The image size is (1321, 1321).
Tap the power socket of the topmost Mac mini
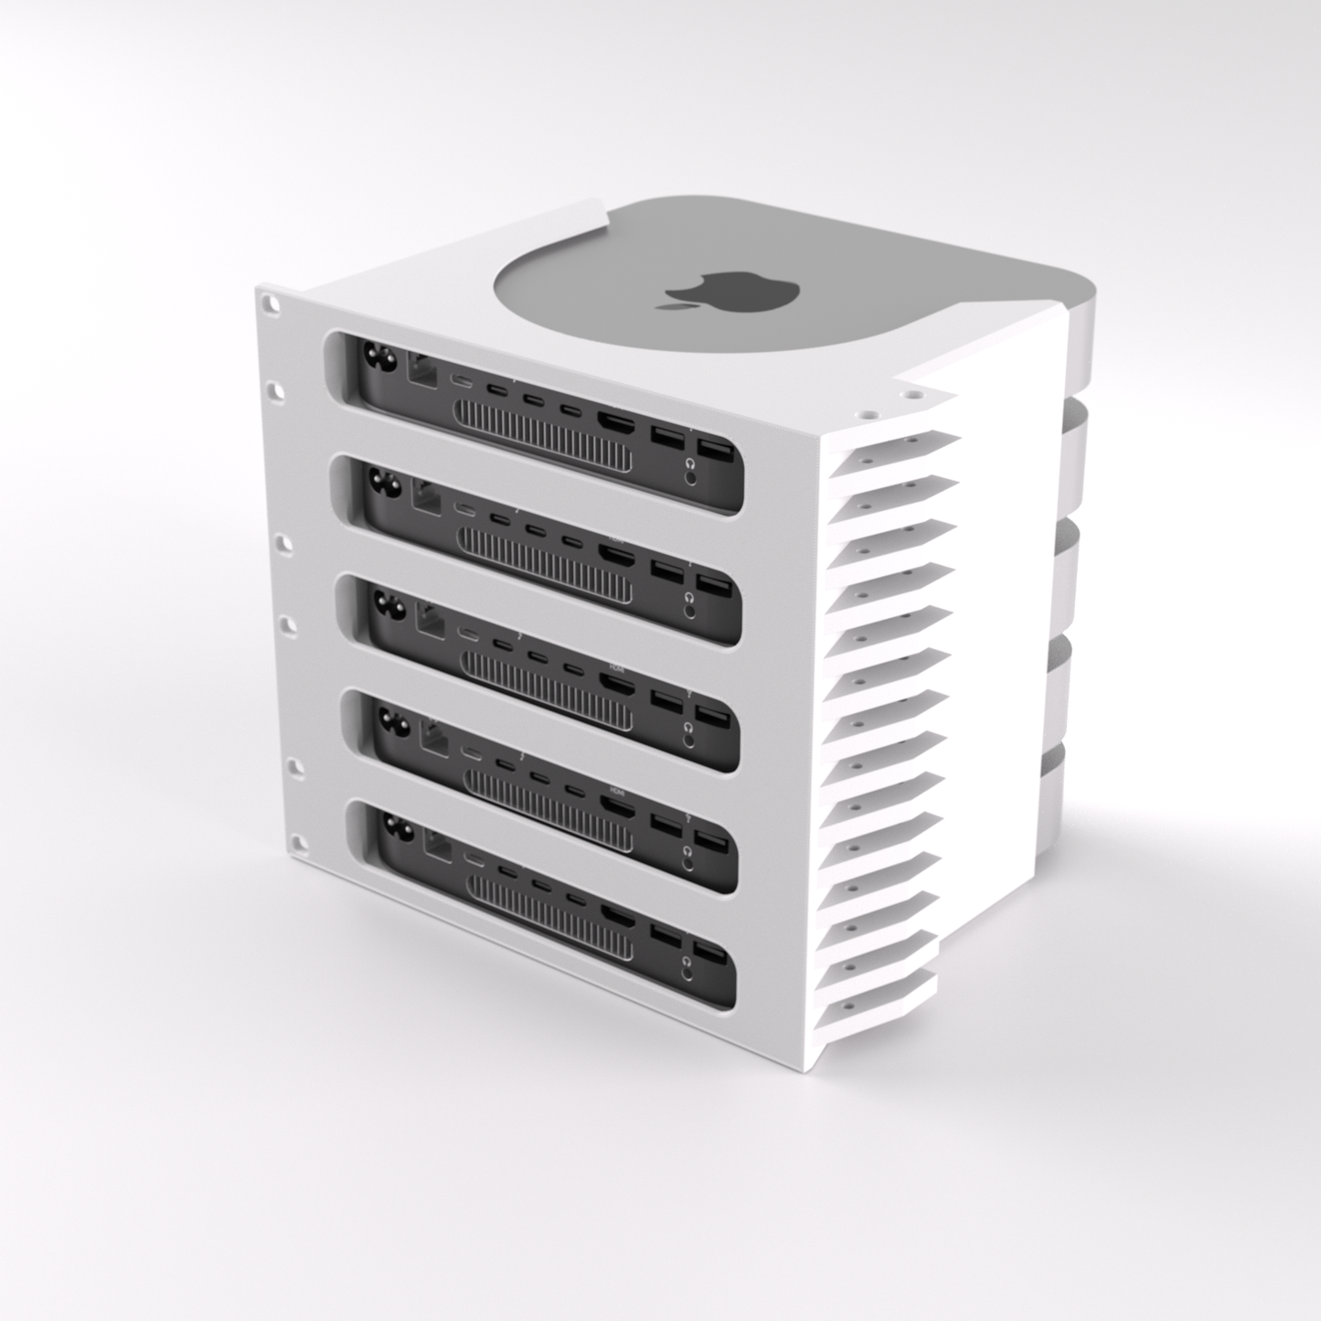click(380, 359)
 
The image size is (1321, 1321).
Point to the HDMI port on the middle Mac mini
click(615, 679)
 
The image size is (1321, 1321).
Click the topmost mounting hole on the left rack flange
click(267, 300)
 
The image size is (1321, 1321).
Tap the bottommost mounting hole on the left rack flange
click(296, 839)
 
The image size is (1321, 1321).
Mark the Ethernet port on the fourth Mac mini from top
click(434, 730)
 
